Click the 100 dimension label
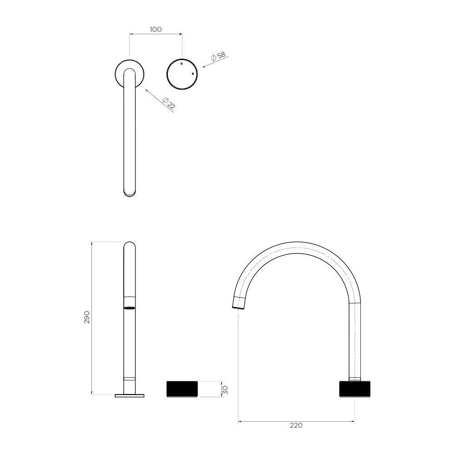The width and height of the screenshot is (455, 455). (x=156, y=29)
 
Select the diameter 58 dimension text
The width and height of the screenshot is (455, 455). (x=218, y=56)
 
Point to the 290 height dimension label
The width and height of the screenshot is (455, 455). (x=87, y=317)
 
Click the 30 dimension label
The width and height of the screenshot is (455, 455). (x=225, y=389)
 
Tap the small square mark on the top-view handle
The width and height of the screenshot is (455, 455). (x=192, y=73)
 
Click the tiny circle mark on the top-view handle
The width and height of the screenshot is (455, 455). (x=182, y=63)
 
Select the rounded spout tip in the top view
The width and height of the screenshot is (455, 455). (x=129, y=193)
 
